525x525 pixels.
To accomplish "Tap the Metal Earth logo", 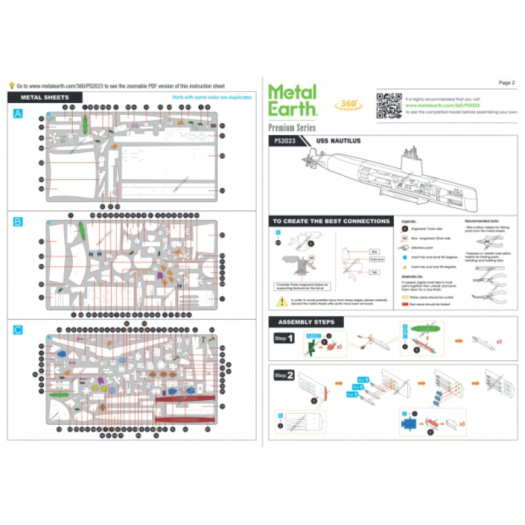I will (292, 100).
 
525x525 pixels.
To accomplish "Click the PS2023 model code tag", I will (285, 140).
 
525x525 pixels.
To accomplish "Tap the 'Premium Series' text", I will (292, 127).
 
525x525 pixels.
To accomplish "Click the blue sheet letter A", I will (18, 114).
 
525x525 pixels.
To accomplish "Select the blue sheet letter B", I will (18, 221).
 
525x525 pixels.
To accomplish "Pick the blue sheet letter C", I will (18, 329).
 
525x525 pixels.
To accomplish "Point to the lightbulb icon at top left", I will (11, 85).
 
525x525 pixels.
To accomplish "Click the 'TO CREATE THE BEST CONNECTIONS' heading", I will (331, 222).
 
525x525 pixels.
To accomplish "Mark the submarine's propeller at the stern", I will (308, 159).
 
